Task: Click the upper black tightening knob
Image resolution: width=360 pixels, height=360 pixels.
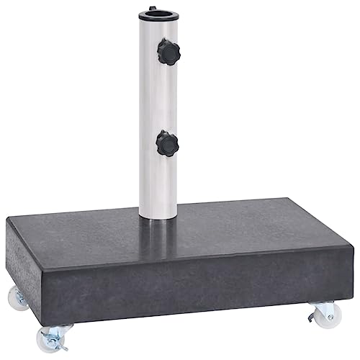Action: pyautogui.click(x=169, y=52)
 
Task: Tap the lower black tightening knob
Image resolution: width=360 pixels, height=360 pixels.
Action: pyautogui.click(x=168, y=143)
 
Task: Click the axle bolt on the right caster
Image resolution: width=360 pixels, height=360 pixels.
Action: pyautogui.click(x=329, y=314)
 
